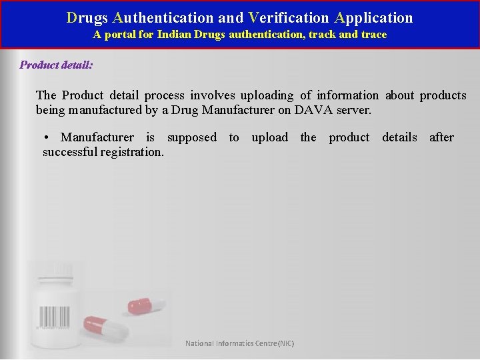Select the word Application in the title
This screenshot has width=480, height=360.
point(374,17)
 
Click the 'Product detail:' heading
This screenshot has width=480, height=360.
point(56,65)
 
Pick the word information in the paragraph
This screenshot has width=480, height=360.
point(347,95)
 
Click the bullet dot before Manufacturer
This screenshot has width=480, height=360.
point(46,137)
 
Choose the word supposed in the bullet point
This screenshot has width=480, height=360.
point(192,137)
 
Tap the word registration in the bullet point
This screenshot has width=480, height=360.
point(131,152)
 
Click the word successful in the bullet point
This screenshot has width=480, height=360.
point(70,152)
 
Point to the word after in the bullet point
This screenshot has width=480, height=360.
point(441,137)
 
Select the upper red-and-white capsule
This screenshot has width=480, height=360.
point(146,304)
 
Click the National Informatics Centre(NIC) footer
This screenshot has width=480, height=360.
point(239,343)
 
